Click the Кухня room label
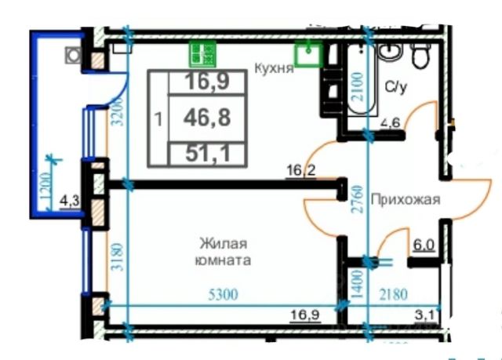tap(274, 68)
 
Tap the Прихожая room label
tap(406, 199)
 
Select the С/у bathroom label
tap(396, 86)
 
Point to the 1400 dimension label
tap(357, 284)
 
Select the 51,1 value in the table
tap(207, 153)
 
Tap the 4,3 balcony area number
tap(69, 199)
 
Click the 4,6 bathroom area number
tap(391, 122)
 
